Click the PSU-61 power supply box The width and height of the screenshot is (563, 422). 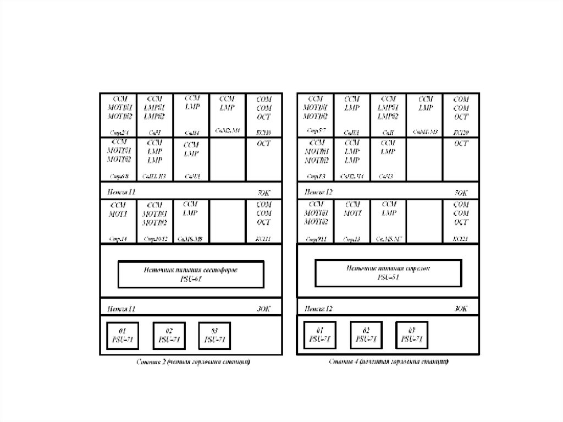[x=191, y=274]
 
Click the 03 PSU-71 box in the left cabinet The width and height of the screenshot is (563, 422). [x=214, y=335]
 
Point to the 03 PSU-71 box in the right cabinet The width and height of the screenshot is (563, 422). [x=412, y=334]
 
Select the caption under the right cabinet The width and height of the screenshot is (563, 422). [x=389, y=362]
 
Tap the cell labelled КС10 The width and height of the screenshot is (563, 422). [x=263, y=114]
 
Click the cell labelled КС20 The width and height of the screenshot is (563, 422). [x=461, y=114]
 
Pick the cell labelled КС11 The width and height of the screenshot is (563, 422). [x=263, y=221]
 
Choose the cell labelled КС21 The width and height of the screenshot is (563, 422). [x=461, y=221]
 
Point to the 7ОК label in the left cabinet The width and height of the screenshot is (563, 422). [x=263, y=193]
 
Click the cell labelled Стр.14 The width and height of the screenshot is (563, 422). [x=118, y=221]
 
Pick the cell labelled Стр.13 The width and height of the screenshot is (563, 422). [x=352, y=221]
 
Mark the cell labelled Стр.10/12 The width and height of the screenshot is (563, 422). [x=155, y=221]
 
